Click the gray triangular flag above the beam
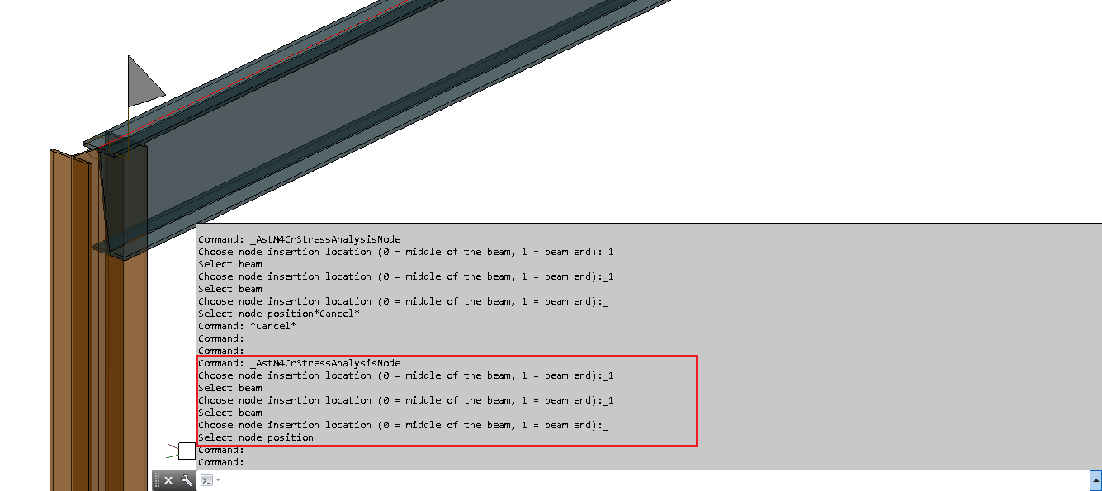pos(143,81)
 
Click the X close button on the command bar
pos(168,480)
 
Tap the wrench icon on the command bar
pos(187,480)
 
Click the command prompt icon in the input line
pos(206,480)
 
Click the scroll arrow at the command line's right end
pos(1095,480)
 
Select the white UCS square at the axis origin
pos(187,451)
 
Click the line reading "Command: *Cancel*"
pos(247,326)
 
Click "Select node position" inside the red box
pos(256,437)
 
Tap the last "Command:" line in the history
pos(220,462)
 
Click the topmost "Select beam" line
pos(230,264)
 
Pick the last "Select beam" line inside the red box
pos(230,413)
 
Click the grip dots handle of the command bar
pos(157,480)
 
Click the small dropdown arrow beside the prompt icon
pos(218,480)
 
